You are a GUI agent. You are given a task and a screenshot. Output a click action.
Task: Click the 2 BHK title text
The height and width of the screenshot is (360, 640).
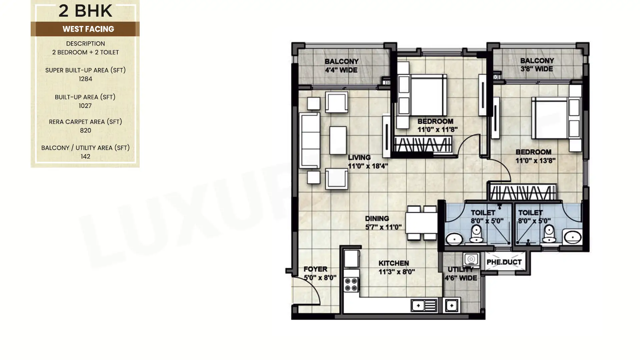[x=85, y=11]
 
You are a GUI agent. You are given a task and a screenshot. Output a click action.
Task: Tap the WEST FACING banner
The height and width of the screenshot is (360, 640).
[x=88, y=29]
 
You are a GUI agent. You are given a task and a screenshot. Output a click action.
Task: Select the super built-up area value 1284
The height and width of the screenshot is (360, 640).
[x=85, y=79]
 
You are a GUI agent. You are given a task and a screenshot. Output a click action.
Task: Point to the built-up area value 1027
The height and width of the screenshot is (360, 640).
[x=85, y=106]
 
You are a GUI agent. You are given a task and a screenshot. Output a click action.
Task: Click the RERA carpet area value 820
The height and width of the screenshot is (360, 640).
[x=85, y=130]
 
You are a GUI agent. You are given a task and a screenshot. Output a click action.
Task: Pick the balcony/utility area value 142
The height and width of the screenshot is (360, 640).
[x=85, y=156]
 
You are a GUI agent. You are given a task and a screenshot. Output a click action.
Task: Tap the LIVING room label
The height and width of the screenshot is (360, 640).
[x=359, y=157]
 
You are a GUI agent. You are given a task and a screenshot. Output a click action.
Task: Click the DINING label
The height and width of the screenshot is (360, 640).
[x=377, y=218]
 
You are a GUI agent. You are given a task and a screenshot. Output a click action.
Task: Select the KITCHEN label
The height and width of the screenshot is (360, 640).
[x=394, y=263]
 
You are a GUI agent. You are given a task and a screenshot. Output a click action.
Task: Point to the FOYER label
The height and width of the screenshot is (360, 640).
[x=315, y=269]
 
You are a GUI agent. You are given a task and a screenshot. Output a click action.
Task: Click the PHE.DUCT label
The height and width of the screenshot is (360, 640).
[x=504, y=262]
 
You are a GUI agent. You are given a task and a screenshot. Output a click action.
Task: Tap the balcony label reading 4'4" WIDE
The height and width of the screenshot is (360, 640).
[x=341, y=70]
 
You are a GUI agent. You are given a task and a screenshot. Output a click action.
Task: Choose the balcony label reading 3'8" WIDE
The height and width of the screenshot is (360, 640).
[x=537, y=69]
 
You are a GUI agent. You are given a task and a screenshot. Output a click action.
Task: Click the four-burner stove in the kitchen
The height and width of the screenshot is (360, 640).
[x=351, y=284]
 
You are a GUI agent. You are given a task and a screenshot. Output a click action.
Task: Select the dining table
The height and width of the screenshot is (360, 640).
[x=422, y=223]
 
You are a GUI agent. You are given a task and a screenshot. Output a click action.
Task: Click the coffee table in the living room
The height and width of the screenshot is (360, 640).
[x=338, y=140]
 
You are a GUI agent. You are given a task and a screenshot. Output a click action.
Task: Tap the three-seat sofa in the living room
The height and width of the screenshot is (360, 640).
[x=310, y=140]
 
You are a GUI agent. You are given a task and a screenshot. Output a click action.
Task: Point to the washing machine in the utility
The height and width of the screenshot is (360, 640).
[x=471, y=259]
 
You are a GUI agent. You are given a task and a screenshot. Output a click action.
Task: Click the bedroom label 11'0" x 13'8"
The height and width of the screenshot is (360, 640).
[x=535, y=161]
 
